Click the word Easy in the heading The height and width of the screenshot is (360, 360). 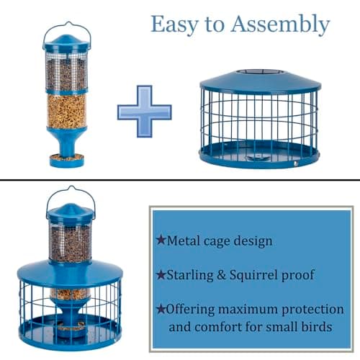point(170,24)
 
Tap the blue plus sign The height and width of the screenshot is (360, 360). point(145,111)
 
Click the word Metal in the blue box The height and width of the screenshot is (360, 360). point(184,240)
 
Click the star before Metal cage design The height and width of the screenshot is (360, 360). point(160,240)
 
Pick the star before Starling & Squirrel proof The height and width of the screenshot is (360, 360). point(160,274)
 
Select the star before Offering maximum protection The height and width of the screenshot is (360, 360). point(160,309)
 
